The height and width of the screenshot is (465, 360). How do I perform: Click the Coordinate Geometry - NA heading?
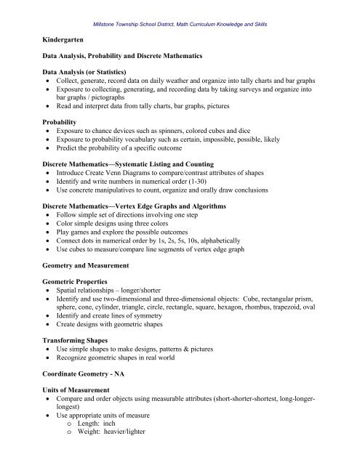[x=81, y=384]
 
